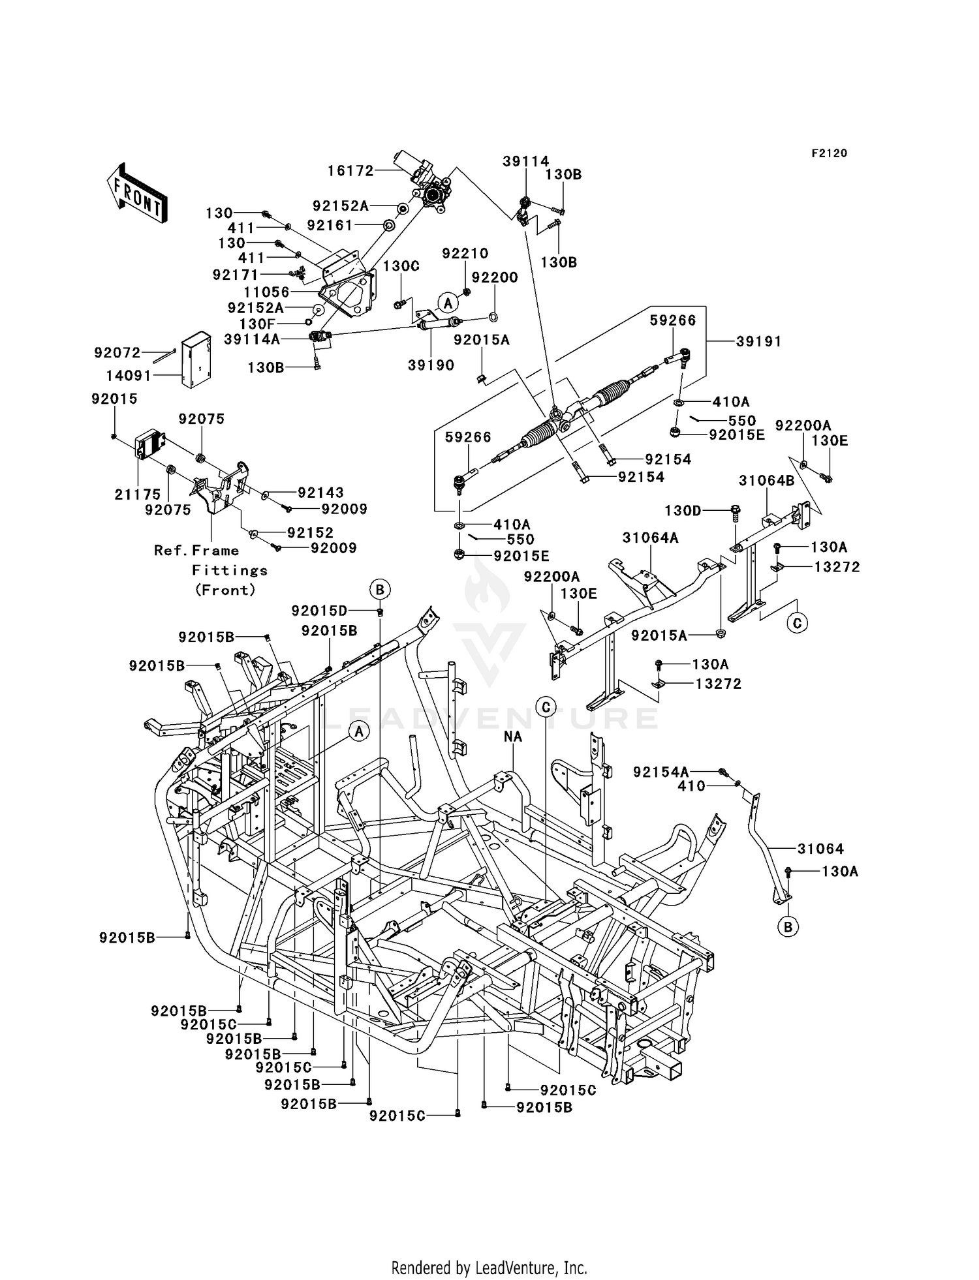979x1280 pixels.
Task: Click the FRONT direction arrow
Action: click(136, 194)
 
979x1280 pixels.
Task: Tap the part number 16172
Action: click(350, 171)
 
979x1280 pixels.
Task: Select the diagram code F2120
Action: click(829, 153)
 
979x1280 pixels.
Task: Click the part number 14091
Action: click(129, 376)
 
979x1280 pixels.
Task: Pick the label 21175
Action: click(137, 495)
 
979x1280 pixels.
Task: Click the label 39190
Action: click(431, 365)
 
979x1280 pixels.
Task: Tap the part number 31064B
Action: click(766, 481)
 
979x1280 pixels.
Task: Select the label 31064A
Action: click(650, 538)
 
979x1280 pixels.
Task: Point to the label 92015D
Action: click(319, 611)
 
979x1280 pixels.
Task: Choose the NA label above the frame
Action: click(513, 737)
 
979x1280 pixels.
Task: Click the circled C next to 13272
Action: click(797, 623)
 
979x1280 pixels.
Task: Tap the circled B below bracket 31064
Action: click(788, 926)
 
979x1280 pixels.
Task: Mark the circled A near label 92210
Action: click(448, 303)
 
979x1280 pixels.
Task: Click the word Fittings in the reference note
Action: click(230, 570)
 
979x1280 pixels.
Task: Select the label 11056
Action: click(266, 292)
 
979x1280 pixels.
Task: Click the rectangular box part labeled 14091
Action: click(196, 359)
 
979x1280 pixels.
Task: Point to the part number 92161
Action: click(330, 225)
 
